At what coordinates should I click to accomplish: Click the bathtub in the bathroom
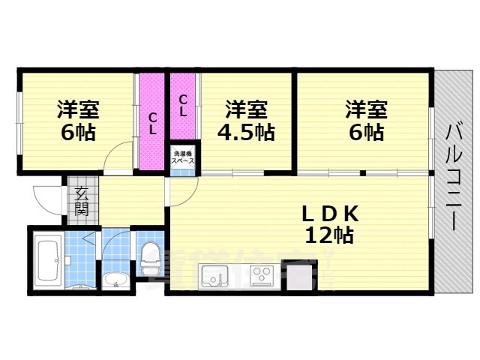pos(49,260)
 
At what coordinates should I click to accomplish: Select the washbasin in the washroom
pos(115,281)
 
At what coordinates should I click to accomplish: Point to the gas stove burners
pos(262,276)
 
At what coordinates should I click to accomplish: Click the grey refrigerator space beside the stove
pos(296,277)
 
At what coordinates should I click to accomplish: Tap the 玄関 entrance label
pos(81,200)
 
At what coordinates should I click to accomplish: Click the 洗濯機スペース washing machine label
pos(181,158)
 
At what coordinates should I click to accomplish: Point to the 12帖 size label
pos(330,235)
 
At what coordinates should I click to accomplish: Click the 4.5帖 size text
pos(247,133)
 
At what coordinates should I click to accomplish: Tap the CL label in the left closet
pos(152,123)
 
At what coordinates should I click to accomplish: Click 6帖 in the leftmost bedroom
pos(78,133)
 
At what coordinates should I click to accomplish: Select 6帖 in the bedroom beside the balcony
pos(365,133)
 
